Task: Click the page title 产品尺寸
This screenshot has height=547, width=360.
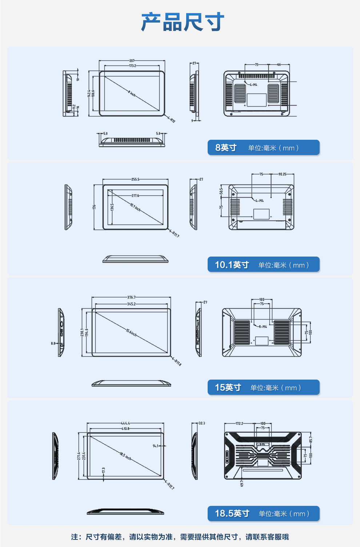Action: coord(183,22)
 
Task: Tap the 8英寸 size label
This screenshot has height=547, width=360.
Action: coord(226,147)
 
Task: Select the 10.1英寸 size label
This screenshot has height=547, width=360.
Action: coord(232,265)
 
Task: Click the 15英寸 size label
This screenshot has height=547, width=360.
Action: coord(228,387)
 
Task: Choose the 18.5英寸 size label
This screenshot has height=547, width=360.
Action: coord(232,513)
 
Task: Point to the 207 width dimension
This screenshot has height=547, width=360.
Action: coord(132,61)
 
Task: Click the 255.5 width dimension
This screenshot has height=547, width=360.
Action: coord(135,179)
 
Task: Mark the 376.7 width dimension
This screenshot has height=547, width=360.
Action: coord(131,297)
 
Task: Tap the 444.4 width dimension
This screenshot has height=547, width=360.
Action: coord(125,423)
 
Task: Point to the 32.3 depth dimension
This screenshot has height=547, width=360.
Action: coord(202,423)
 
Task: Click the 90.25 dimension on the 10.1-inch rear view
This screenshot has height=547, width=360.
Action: coord(282,174)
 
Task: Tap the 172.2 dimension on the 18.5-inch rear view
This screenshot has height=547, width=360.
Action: coord(239,424)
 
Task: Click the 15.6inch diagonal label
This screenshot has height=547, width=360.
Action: coord(131,332)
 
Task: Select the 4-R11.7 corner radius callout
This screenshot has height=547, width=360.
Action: coord(174,234)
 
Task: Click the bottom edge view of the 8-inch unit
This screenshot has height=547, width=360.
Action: coord(132,140)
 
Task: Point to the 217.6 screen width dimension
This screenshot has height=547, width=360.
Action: coord(135,195)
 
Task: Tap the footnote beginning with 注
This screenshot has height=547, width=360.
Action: coord(180,537)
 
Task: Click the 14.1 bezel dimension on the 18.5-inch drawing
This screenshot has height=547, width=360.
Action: coord(155,445)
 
